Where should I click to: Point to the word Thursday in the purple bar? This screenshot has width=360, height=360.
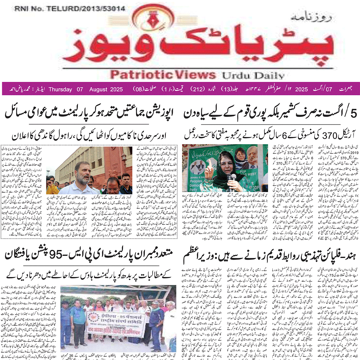click(x=61, y=90)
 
